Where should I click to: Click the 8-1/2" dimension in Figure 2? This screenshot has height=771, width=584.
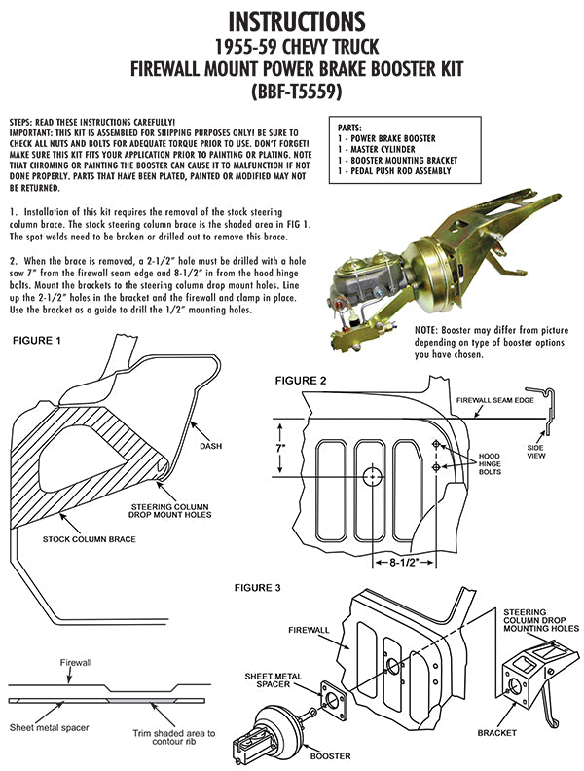point(404,563)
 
